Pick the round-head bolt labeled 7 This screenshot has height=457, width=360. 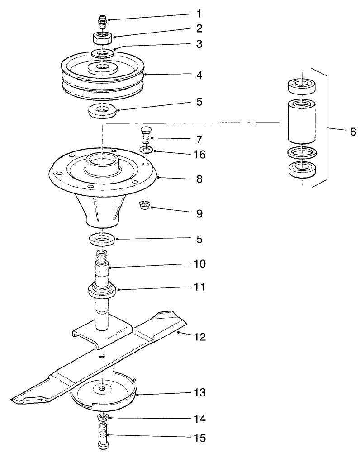pos(145,135)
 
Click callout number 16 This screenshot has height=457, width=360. pos(199,155)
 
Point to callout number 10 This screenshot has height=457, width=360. pos(199,264)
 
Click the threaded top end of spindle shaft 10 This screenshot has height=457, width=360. pos(102,259)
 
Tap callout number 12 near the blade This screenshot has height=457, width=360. pos(199,337)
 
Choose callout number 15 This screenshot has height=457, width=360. pos(199,438)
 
